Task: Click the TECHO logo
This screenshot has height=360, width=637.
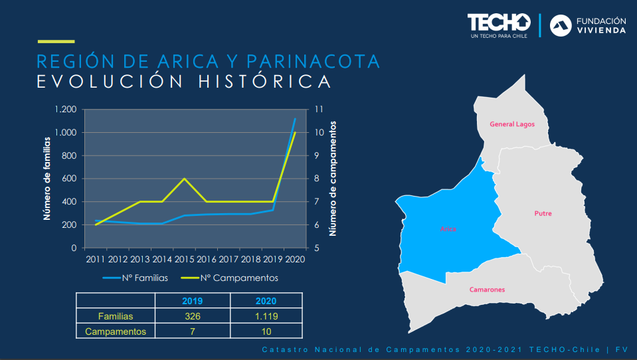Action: [x=498, y=23]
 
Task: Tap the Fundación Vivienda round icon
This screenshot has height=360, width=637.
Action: [x=561, y=25]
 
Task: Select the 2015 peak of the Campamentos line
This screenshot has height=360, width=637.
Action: [x=184, y=179]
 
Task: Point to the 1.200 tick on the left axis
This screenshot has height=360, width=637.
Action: [x=66, y=110]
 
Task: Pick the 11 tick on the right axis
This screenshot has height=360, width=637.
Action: [x=318, y=110]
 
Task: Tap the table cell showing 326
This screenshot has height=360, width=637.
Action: [x=192, y=316]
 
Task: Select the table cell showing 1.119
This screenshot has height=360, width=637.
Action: [x=266, y=316]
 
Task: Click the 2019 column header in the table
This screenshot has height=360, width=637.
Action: [x=192, y=301]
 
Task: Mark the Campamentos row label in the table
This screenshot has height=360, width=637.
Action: [x=116, y=331]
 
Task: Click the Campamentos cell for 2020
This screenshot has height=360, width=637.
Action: [x=266, y=331]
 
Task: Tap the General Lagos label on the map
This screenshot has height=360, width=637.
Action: [x=511, y=124]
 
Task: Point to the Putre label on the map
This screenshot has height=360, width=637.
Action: [x=543, y=214]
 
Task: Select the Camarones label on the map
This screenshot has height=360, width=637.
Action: [x=487, y=290]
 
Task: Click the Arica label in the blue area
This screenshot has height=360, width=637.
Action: [x=448, y=229]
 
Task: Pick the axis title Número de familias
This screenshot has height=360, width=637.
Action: [x=47, y=178]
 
